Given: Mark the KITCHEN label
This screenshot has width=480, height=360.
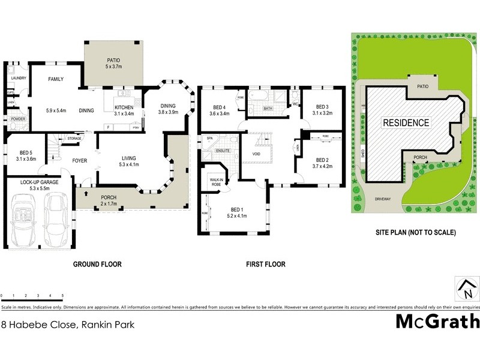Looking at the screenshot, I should coord(124,108).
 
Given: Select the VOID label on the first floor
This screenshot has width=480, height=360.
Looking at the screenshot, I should coord(257,154).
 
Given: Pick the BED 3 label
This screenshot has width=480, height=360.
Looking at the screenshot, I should coord(322,106).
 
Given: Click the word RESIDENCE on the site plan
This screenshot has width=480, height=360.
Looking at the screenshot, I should coord(406,123).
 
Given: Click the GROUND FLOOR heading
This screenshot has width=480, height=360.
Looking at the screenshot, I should coord(97,264).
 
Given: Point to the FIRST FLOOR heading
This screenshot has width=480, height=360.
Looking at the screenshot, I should coord(265,264).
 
